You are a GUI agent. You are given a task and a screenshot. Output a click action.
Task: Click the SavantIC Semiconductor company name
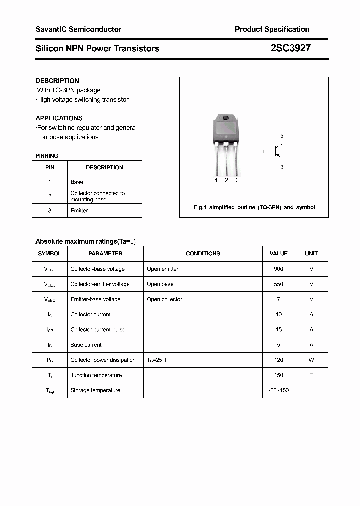click(x=78, y=29)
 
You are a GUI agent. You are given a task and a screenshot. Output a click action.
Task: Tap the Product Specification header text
click(x=272, y=29)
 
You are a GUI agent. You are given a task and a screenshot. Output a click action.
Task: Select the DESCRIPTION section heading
click(x=57, y=81)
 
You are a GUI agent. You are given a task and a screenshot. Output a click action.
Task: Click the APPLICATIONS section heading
click(x=59, y=118)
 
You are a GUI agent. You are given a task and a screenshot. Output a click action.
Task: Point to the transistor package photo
click(x=226, y=145)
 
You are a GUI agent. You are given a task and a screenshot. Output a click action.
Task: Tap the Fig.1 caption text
click(x=254, y=207)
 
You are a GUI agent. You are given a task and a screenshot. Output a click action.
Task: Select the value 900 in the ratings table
click(x=278, y=269)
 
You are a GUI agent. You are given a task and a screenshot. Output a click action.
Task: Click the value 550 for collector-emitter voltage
click(x=278, y=284)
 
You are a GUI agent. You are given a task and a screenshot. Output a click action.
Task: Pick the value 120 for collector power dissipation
click(x=278, y=360)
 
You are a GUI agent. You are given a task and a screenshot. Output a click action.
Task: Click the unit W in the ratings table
click(x=311, y=360)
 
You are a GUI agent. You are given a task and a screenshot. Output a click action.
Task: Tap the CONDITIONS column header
click(x=203, y=253)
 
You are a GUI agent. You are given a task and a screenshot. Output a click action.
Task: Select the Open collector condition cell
click(x=164, y=299)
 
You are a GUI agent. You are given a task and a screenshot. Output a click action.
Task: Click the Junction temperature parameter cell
click(x=96, y=375)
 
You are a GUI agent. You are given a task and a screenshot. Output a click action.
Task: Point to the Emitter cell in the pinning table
click(x=79, y=211)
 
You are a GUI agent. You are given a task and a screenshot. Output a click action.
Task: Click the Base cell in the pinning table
click(x=77, y=182)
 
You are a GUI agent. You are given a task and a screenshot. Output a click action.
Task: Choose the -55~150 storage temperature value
click(x=278, y=390)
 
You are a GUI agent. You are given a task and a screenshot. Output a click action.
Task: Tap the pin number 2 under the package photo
click(x=226, y=180)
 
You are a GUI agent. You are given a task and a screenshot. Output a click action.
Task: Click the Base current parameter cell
click(x=86, y=345)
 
